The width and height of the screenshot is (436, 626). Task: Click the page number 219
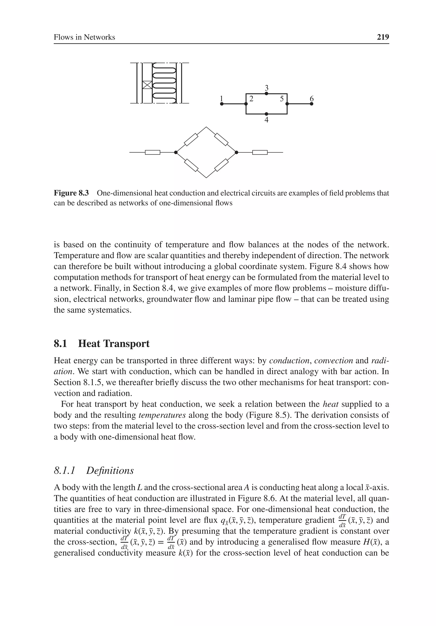pyautogui.click(x=383, y=37)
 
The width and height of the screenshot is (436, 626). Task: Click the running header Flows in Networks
pyautogui.click(x=84, y=37)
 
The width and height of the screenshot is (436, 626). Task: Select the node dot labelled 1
pyautogui.click(x=222, y=104)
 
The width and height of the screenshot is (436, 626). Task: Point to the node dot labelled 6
pyautogui.click(x=312, y=104)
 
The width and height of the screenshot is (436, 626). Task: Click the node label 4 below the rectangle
pyautogui.click(x=266, y=120)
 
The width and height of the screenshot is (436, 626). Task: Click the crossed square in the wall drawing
pyautogui.click(x=147, y=85)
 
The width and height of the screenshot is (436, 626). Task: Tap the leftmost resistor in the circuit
pyautogui.click(x=152, y=152)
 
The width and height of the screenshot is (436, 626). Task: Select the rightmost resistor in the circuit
pyautogui.click(x=260, y=152)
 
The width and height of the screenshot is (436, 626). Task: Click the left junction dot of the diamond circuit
pyautogui.click(x=176, y=152)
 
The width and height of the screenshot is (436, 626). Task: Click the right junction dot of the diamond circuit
pyautogui.click(x=236, y=152)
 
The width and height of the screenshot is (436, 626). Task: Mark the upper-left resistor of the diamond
pyautogui.click(x=191, y=140)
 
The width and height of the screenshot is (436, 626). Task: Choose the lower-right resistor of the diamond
pyautogui.click(x=221, y=165)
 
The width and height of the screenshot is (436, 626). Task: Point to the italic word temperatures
pyautogui.click(x=162, y=415)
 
